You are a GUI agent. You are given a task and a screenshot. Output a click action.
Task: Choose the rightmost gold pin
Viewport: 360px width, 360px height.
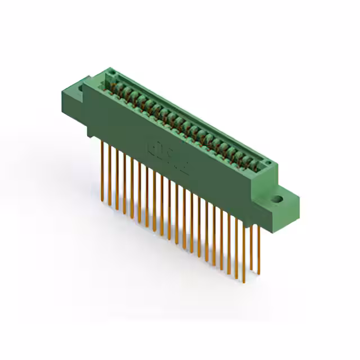258,247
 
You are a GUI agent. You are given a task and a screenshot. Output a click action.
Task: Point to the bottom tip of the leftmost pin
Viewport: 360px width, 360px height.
102,194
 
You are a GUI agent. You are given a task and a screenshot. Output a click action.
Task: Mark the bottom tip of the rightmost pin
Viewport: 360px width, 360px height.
259,274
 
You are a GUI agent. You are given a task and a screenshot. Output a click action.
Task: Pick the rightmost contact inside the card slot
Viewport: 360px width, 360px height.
258,164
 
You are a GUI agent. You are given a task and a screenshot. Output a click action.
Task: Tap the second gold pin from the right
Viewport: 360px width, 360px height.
251,247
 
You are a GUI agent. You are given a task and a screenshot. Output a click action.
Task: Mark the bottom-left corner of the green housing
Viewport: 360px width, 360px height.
88,136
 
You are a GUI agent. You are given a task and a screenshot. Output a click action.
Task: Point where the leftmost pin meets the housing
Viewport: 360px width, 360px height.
102,141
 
